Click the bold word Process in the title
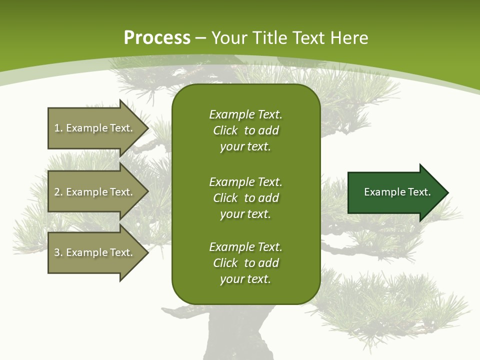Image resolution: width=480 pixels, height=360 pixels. click(157, 38)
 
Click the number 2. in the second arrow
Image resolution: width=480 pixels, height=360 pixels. click(58, 192)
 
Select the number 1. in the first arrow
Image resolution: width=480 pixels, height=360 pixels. click(58, 128)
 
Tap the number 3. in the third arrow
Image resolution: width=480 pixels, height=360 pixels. click(58, 252)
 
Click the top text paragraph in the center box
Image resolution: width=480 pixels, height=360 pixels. click(245, 130)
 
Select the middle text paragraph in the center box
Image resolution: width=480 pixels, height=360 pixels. click(245, 198)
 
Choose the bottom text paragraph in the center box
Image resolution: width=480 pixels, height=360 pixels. click(245, 263)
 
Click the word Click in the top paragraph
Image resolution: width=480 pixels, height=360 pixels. click(225, 130)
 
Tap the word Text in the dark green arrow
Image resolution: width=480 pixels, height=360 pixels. click(419, 192)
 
